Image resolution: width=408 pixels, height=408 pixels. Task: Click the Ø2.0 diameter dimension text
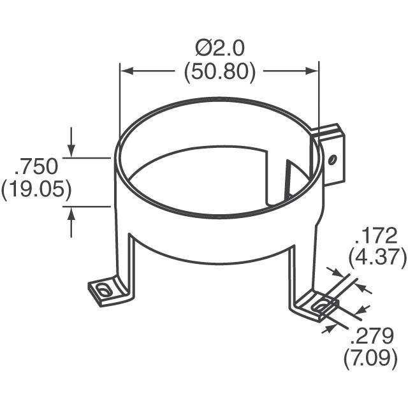(220, 48)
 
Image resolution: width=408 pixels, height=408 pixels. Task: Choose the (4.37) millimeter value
(377, 258)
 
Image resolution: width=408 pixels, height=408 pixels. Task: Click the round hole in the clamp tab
(331, 159)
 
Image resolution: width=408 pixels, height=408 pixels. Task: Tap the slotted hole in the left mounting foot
(103, 291)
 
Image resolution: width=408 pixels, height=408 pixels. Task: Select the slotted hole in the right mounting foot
(321, 305)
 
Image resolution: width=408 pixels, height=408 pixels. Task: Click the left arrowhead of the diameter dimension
(126, 71)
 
